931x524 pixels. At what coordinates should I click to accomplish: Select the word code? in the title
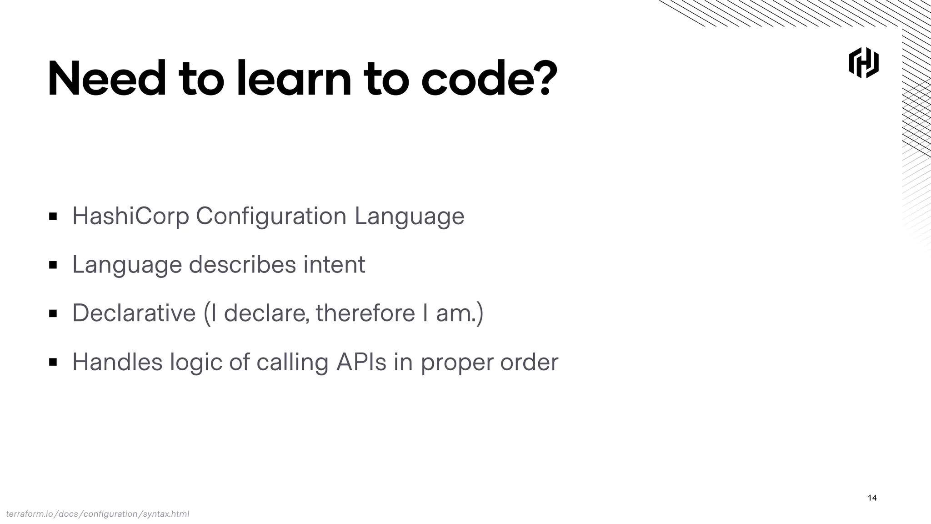coord(489,80)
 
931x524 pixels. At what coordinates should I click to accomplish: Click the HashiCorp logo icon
coord(863,63)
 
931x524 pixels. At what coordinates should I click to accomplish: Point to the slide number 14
coord(872,498)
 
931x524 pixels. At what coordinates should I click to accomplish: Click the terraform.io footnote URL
coord(97,514)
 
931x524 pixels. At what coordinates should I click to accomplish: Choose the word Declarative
coord(134,313)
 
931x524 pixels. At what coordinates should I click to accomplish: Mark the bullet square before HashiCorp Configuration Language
coord(53,217)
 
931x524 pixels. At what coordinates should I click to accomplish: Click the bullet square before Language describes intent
coord(53,265)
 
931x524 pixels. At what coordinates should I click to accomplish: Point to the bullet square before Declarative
coord(53,313)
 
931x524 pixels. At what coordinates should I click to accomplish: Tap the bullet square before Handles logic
coord(53,363)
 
